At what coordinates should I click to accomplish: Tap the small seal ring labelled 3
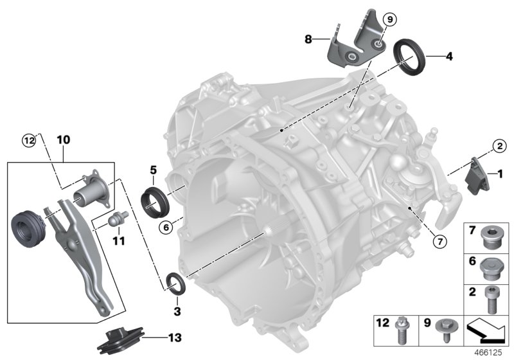tap(175, 283)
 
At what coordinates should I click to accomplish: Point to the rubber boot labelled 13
tap(120, 339)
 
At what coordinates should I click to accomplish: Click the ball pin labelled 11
tap(117, 219)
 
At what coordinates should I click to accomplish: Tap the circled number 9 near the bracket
tap(387, 19)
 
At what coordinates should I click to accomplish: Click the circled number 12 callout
tap(28, 139)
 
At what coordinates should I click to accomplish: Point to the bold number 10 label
tap(64, 139)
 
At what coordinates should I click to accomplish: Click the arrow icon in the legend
tap(489, 329)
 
